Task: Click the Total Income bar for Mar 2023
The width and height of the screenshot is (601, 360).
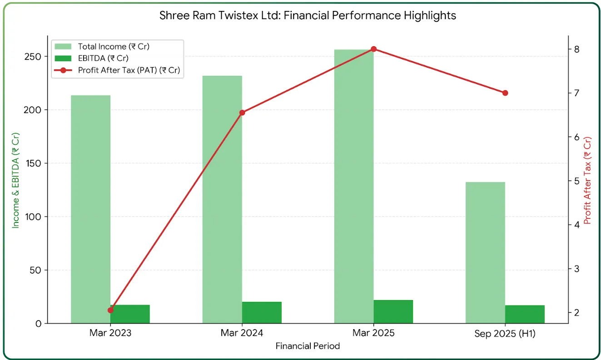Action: (x=90, y=209)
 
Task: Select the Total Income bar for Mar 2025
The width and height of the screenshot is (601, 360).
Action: (x=353, y=186)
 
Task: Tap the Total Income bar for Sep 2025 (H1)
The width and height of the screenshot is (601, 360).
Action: (x=485, y=252)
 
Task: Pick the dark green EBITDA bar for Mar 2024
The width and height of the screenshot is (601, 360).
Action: (x=262, y=312)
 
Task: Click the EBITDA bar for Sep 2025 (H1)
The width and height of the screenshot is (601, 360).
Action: (x=525, y=314)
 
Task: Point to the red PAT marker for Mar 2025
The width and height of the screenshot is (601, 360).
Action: (x=373, y=49)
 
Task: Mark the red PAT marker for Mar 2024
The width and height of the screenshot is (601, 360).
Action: (x=242, y=113)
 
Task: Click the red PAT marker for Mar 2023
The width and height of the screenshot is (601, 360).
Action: (x=110, y=310)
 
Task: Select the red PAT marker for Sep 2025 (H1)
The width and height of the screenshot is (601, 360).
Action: (x=505, y=93)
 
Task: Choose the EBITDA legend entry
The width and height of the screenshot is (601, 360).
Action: (x=103, y=58)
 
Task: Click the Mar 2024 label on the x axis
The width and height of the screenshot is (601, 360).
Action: (x=242, y=333)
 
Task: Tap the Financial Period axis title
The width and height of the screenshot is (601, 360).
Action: (x=308, y=346)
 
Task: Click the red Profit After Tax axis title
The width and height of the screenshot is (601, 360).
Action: (x=587, y=181)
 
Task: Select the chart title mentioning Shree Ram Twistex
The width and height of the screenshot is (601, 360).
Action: (x=308, y=16)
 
